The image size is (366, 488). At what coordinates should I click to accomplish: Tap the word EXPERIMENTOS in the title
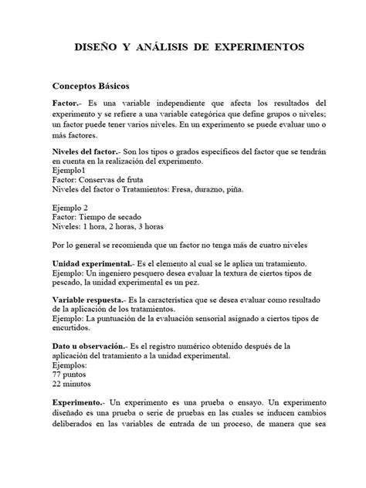click(x=260, y=48)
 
